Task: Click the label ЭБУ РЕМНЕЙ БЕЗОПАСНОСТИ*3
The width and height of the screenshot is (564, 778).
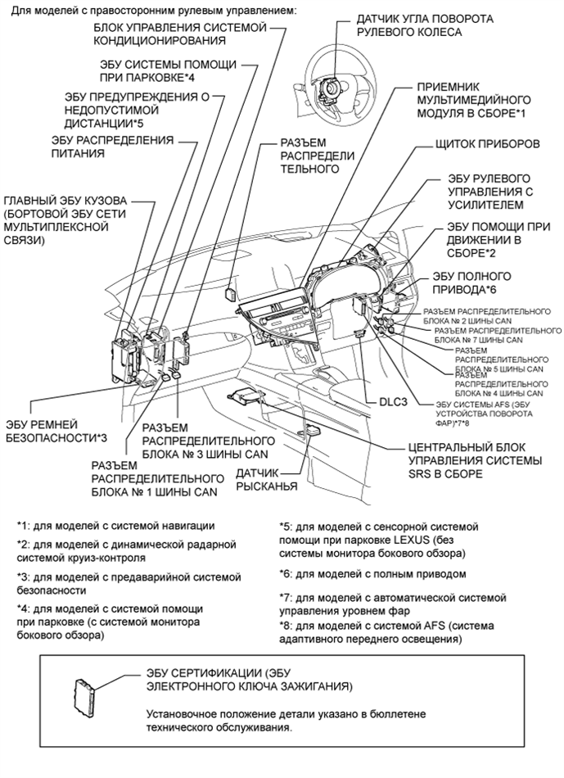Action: pyautogui.click(x=56, y=430)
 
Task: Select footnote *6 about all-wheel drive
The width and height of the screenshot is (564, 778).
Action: pyautogui.click(x=372, y=574)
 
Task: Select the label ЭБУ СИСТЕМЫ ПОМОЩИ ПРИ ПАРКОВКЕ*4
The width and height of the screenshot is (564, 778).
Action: pyautogui.click(x=169, y=70)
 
